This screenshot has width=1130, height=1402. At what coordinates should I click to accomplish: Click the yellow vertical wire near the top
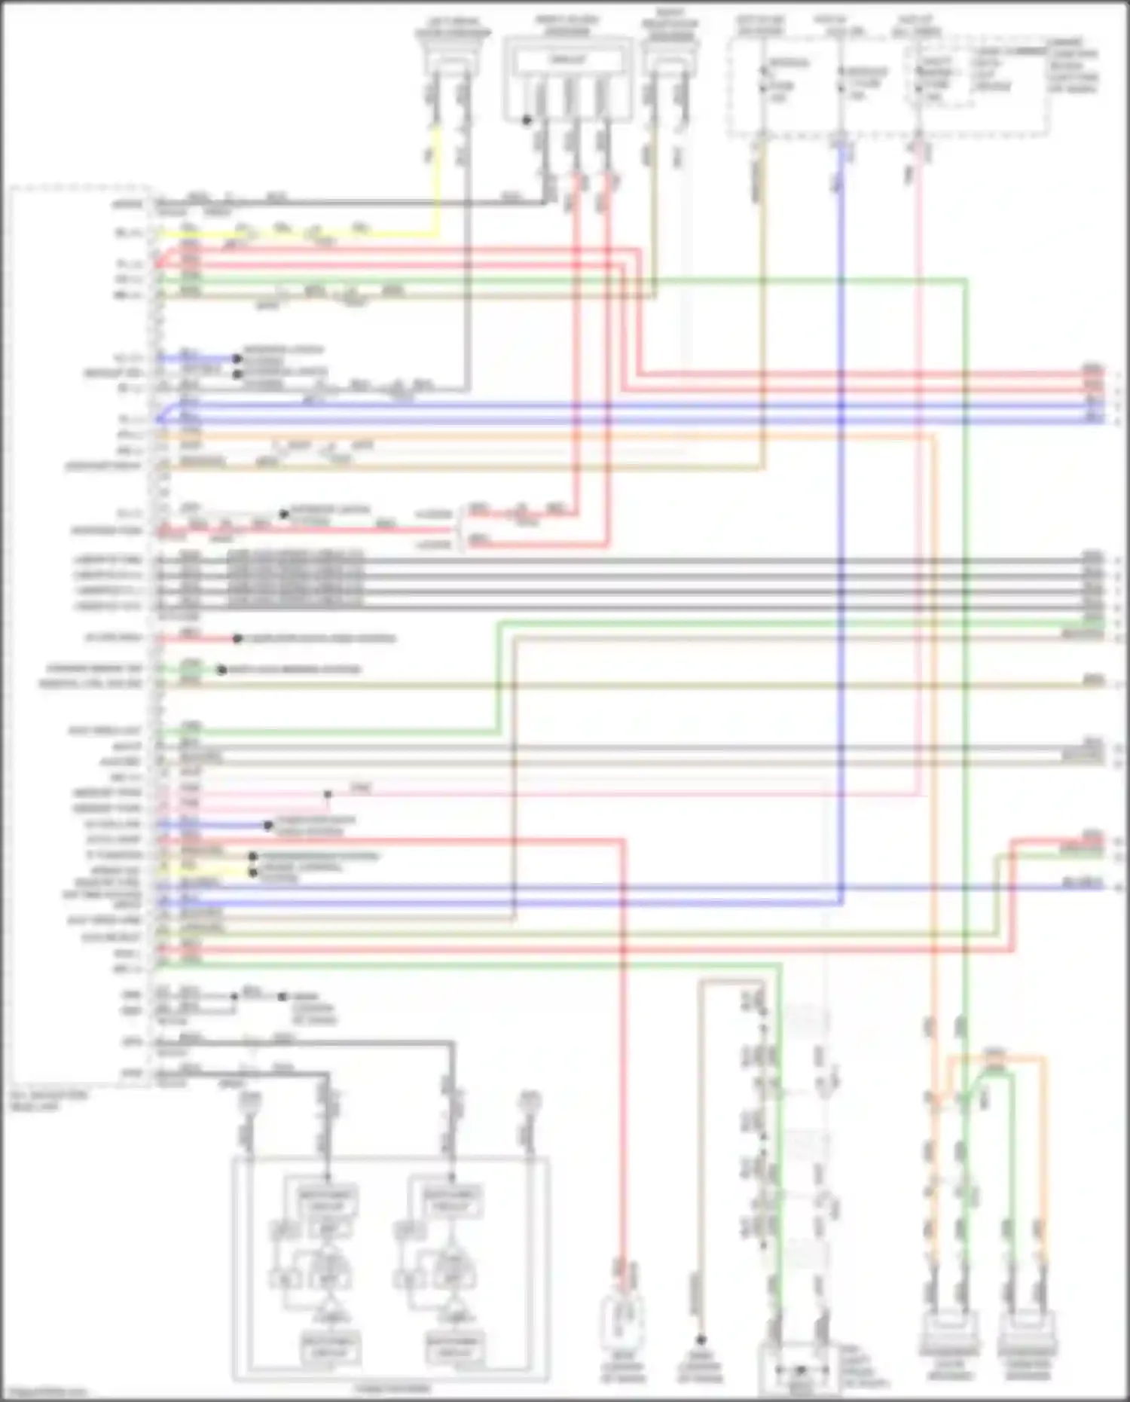(435, 181)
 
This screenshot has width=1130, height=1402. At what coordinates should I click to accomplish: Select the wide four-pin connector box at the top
(568, 79)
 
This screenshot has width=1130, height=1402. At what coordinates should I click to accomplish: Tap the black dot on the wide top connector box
(527, 120)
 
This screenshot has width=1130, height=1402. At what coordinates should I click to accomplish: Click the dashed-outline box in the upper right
(889, 87)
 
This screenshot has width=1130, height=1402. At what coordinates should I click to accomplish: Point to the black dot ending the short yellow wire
(253, 872)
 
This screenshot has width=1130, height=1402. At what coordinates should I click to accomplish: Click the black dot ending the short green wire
(221, 669)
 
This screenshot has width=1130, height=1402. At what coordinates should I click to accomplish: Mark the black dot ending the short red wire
(237, 638)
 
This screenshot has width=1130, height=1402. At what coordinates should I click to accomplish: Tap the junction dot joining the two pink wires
(328, 794)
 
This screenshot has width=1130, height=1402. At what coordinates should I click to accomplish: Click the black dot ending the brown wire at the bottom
(701, 1339)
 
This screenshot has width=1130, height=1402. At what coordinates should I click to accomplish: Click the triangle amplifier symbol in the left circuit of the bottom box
(328, 1307)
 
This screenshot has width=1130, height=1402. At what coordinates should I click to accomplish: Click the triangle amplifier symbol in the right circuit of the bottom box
(452, 1307)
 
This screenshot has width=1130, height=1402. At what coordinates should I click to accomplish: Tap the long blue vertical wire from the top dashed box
(841, 527)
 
